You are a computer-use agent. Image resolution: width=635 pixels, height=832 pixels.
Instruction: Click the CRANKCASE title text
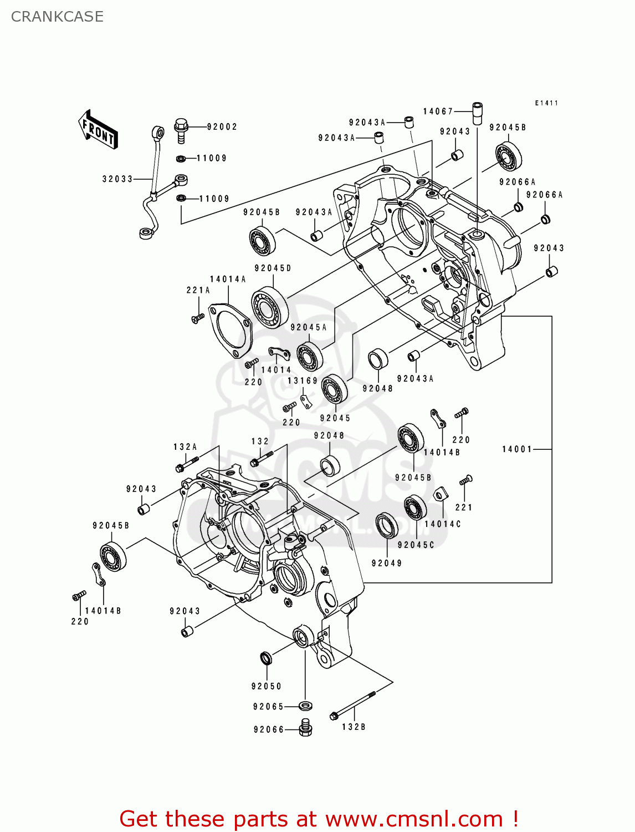point(57,17)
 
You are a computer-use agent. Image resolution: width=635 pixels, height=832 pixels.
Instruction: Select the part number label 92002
point(222,127)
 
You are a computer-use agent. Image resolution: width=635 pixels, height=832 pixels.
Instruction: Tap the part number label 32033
point(117,179)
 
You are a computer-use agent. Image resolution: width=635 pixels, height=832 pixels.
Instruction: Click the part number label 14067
point(438,111)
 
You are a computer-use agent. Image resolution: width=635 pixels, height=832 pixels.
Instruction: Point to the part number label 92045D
point(273,268)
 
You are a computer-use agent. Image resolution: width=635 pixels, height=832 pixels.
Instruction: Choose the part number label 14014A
point(228,280)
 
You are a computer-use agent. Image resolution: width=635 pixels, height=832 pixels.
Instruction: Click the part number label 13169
point(303,381)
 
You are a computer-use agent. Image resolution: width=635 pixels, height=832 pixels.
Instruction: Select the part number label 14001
point(517,449)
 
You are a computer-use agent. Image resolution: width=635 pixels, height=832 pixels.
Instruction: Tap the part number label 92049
point(387,564)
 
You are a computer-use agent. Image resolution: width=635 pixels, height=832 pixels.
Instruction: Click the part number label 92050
point(267,687)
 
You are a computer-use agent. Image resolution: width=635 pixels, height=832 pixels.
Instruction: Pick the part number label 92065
point(268,707)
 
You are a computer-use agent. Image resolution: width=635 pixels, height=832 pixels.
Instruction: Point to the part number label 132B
point(354,727)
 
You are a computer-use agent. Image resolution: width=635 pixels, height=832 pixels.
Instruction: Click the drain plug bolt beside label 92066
point(305,728)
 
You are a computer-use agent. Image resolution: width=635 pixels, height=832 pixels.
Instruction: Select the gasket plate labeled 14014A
point(230,329)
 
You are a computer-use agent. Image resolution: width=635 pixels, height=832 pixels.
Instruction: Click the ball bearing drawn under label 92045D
point(270,307)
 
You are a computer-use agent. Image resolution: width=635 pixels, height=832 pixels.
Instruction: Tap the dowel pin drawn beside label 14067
point(477,114)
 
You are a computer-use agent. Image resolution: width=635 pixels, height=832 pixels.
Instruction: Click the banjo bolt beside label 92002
point(181,130)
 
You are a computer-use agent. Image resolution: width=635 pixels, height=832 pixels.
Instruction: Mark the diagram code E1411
point(546,103)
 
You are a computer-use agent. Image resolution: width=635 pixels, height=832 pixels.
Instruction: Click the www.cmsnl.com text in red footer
point(413,819)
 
